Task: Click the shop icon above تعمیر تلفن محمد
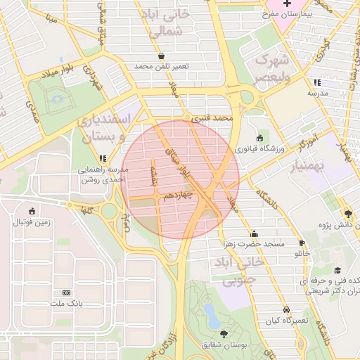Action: tap(162, 56)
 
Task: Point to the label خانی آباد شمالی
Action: tap(167, 23)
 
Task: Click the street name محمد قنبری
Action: tap(214, 120)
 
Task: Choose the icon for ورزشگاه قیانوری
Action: tap(260, 139)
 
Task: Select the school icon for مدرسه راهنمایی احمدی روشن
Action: tap(103, 158)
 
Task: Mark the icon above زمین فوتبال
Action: tap(31, 211)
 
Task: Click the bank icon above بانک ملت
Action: tap(67, 292)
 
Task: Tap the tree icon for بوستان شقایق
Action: tap(224, 333)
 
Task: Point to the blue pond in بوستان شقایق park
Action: tap(212, 314)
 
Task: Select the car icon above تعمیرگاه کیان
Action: tap(286, 309)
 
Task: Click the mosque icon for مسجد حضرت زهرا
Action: tap(254, 233)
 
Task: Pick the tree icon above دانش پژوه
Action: tap(348, 214)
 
